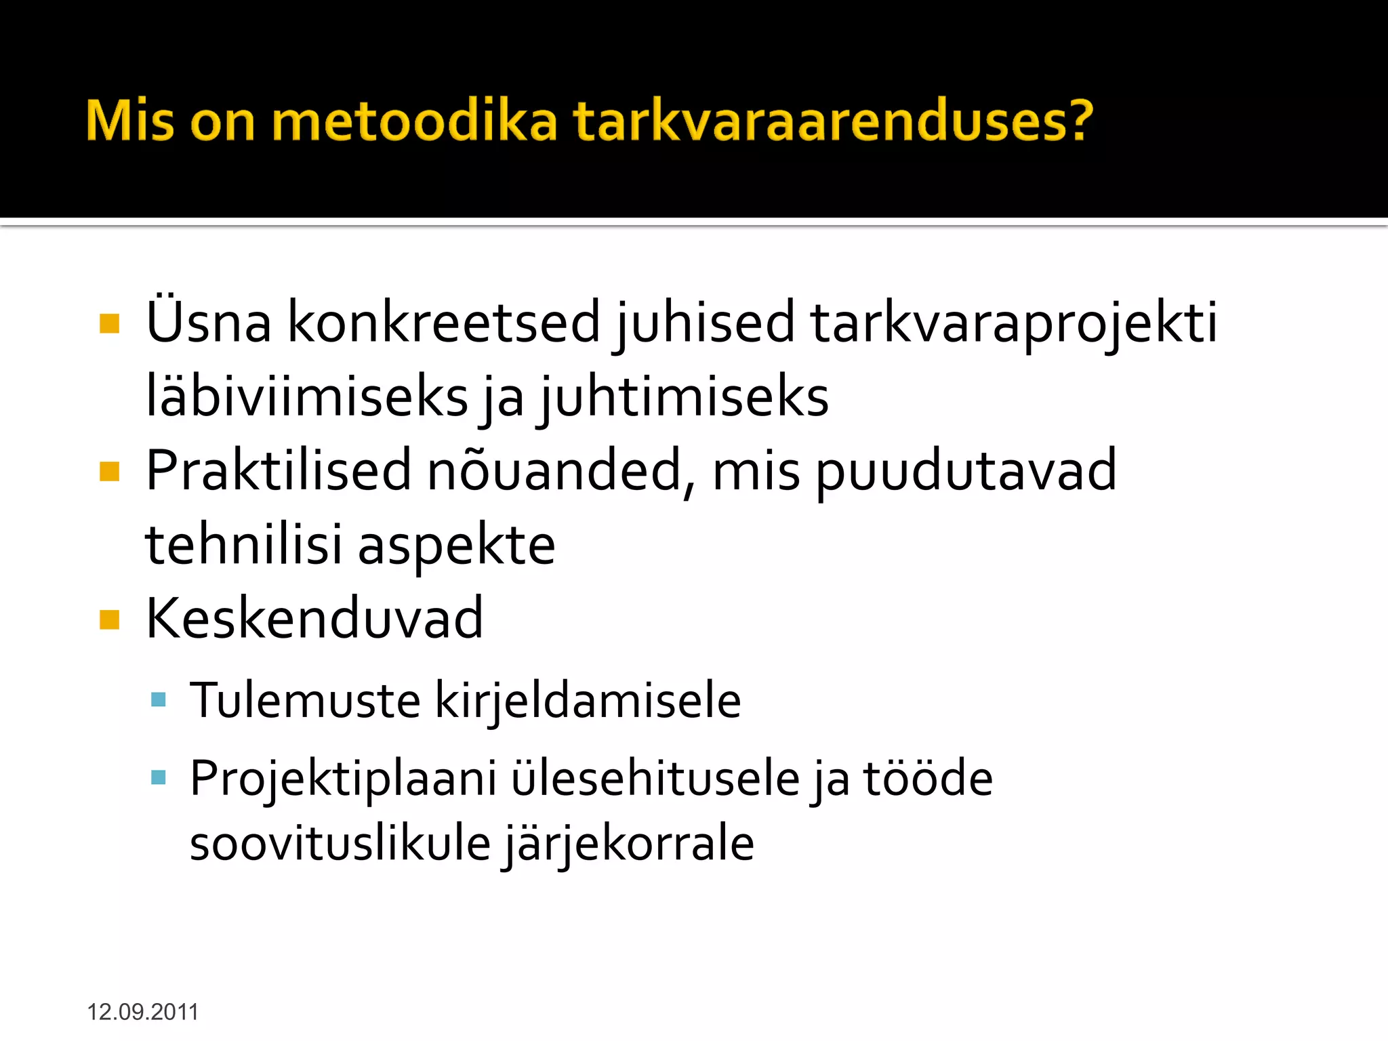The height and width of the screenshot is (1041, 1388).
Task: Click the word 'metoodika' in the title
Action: pyautogui.click(x=414, y=121)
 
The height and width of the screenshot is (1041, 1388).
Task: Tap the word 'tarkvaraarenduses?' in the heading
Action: pyautogui.click(x=833, y=121)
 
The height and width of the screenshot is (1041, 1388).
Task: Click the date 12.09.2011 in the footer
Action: pyautogui.click(x=142, y=1012)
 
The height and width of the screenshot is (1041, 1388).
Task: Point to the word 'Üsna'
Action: pyautogui.click(x=209, y=322)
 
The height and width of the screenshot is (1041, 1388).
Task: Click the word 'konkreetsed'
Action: pyautogui.click(x=445, y=322)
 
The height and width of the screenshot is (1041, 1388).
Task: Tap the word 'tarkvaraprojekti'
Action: pyautogui.click(x=1014, y=322)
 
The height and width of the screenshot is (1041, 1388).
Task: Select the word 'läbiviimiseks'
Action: pyautogui.click(x=307, y=396)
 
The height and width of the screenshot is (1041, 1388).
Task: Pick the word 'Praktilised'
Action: pyautogui.click(x=279, y=470)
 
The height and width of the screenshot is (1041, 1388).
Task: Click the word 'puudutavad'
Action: pyautogui.click(x=965, y=470)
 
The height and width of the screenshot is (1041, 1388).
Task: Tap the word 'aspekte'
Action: pyautogui.click(x=456, y=545)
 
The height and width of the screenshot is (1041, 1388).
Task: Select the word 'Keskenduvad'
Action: pyautogui.click(x=314, y=618)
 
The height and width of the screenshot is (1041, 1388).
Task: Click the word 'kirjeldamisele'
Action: pyautogui.click(x=588, y=700)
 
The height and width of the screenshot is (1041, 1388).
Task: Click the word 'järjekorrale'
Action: pyautogui.click(x=628, y=843)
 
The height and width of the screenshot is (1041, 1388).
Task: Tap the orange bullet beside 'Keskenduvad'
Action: pyautogui.click(x=109, y=619)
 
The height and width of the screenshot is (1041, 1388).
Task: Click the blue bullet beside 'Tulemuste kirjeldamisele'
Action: pyautogui.click(x=159, y=699)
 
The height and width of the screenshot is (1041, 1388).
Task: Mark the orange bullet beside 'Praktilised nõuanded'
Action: pyautogui.click(x=109, y=471)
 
